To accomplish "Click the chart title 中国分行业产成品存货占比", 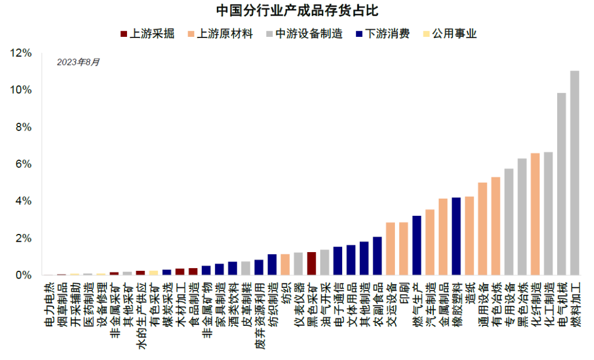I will click(x=297, y=10).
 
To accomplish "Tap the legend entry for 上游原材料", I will click(x=220, y=34).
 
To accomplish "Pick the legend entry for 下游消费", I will click(x=383, y=34).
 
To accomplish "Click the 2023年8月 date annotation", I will click(x=79, y=62).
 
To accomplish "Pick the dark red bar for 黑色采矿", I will click(x=311, y=264).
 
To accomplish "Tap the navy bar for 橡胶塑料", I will click(x=456, y=236).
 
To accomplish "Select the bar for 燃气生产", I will click(x=416, y=246).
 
